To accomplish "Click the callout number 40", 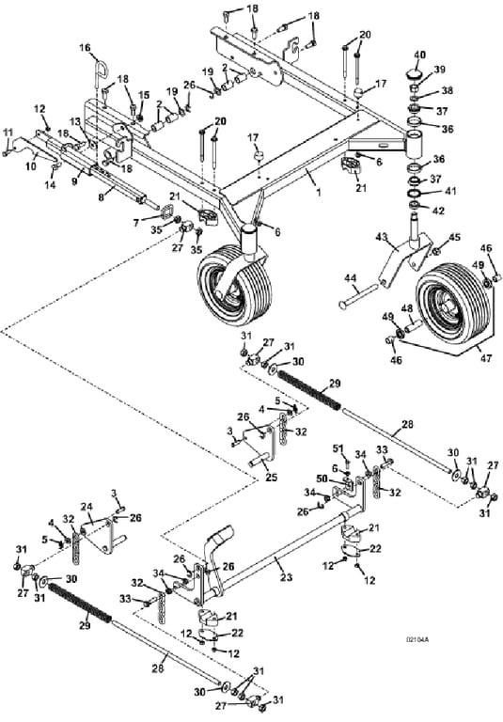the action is point(419,55).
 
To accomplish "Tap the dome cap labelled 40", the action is point(412,72).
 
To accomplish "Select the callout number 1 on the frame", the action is point(318,192).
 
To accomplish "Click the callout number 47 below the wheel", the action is point(486,358).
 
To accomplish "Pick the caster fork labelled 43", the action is point(406,258).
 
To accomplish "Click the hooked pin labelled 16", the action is point(102,70).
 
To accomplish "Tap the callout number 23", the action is point(286,577).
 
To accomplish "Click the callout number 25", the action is point(272,478).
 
